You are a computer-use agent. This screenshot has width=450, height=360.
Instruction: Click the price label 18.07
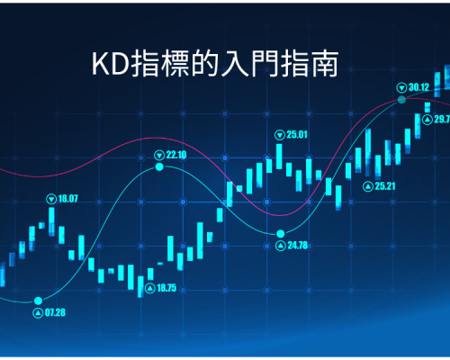[68, 199]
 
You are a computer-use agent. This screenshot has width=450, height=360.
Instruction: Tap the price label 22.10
[176, 155]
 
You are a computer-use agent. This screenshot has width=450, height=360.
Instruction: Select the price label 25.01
[297, 135]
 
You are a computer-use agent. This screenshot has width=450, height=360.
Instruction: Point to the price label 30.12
[418, 87]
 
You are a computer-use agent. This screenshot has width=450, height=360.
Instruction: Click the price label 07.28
[55, 312]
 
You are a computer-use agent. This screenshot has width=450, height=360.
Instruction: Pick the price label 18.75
[166, 288]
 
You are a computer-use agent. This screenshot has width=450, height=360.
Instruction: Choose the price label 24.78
[298, 246]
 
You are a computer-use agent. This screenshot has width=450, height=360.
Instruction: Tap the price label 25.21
[385, 186]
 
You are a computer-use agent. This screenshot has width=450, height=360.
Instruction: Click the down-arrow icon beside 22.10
[159, 156]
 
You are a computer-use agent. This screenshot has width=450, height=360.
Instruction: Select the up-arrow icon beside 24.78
[281, 246]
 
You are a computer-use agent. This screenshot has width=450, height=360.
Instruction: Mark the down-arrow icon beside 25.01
[280, 135]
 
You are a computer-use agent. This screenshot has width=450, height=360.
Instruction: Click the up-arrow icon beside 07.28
[38, 313]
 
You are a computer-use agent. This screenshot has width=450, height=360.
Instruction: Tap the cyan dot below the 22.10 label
[159, 166]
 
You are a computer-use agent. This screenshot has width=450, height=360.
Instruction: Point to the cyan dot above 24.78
[281, 233]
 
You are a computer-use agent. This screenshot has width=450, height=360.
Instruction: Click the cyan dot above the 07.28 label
[38, 301]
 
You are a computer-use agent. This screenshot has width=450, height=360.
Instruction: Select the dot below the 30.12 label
[401, 100]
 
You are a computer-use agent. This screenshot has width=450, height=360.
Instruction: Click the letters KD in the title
[111, 64]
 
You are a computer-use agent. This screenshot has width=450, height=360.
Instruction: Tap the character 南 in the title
[325, 63]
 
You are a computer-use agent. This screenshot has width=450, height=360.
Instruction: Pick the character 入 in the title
[235, 63]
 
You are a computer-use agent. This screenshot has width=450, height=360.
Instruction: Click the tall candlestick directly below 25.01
[279, 157]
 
